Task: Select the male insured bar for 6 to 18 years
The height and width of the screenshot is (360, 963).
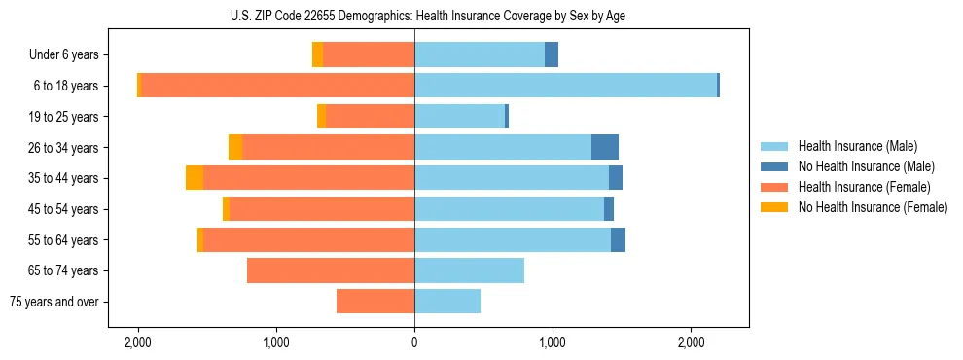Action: [x=565, y=86]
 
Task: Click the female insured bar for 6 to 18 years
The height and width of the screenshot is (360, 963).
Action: [x=277, y=86]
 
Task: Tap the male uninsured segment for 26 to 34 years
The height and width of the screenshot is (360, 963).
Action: [x=604, y=147]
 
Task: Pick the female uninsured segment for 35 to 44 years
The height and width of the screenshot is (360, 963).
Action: [x=195, y=178]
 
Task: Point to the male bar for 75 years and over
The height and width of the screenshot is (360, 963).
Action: [x=447, y=302]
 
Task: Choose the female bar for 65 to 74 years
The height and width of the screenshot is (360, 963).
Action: [x=331, y=270]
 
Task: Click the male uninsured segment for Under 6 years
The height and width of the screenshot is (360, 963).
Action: [x=552, y=54]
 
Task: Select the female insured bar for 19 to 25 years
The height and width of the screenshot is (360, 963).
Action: [x=370, y=117]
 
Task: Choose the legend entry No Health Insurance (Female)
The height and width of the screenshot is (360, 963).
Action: [x=872, y=207]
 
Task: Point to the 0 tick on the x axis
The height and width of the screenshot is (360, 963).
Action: [x=414, y=342]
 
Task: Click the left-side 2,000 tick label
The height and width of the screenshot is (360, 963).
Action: [x=138, y=342]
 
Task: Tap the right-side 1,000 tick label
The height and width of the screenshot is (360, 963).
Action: [x=553, y=342]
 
